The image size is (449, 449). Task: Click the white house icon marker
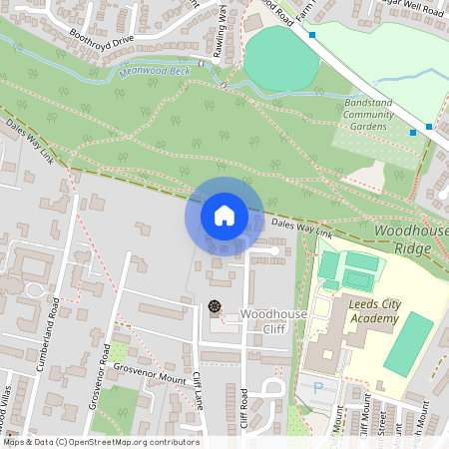coord(224,216)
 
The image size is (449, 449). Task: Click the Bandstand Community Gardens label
coord(368,115)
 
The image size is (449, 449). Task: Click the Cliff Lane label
coord(198,394)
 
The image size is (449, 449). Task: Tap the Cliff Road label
coord(242,406)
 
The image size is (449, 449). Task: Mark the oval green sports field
coord(281,58)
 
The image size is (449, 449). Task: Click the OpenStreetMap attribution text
coord(100,442)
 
